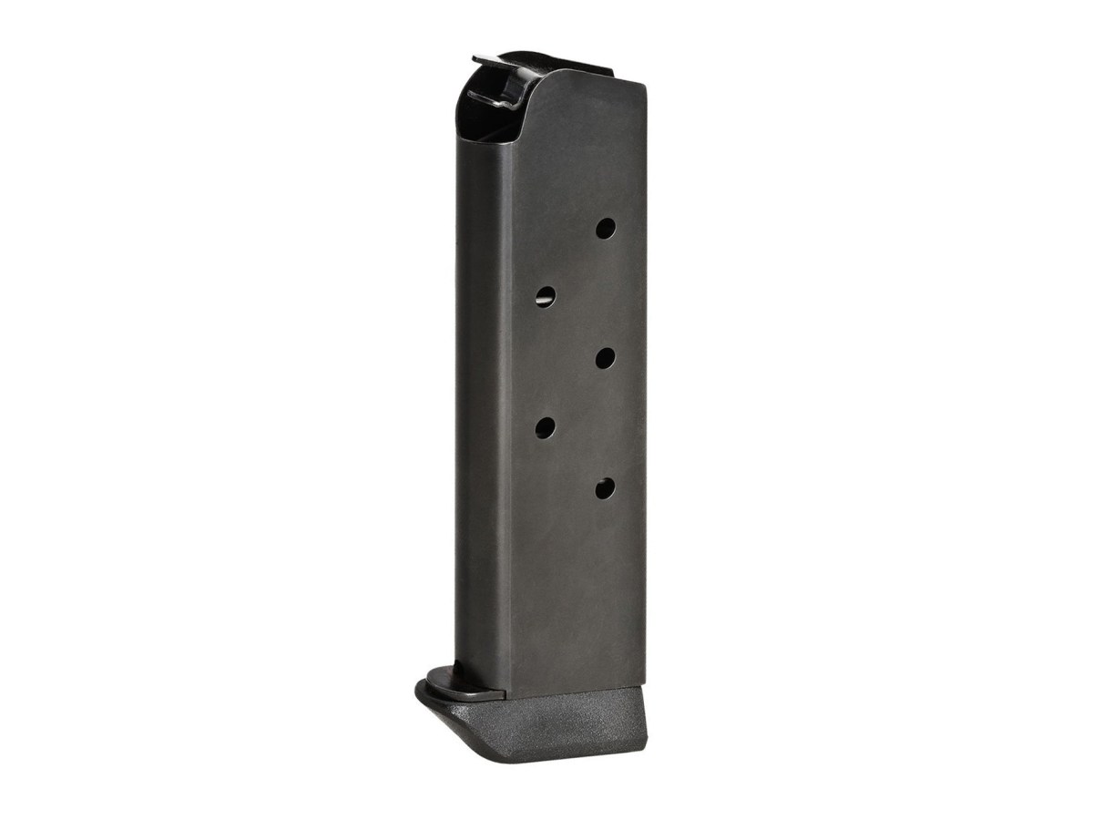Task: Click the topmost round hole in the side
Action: click(x=605, y=228)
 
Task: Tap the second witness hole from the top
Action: click(x=545, y=295)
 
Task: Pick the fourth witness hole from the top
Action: click(x=546, y=426)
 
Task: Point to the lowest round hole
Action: click(x=605, y=490)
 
